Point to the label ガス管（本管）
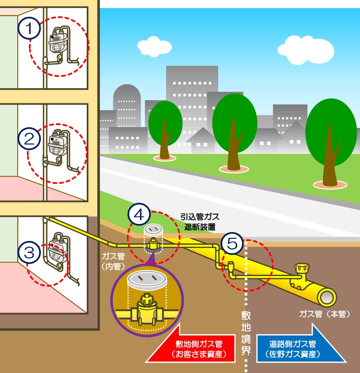[x=324, y=314]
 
